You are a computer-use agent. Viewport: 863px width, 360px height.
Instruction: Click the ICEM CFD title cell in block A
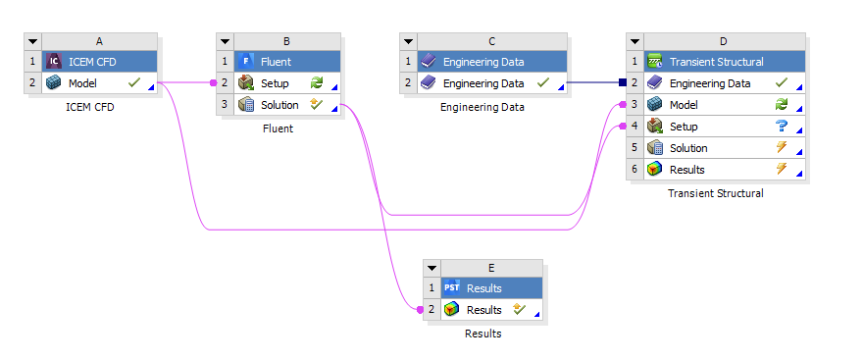[x=98, y=62]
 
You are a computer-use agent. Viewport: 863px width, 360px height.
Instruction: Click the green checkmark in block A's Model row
[x=135, y=83]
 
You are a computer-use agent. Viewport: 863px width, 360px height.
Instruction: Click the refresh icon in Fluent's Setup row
[x=317, y=83]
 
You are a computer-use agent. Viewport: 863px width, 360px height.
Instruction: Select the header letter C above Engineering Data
[x=490, y=41]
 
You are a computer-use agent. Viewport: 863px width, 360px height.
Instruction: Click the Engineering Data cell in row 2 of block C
[x=482, y=83]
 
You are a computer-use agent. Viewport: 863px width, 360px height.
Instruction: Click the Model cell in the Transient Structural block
[x=685, y=105]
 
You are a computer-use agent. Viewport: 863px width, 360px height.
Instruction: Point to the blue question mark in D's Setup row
[x=782, y=127]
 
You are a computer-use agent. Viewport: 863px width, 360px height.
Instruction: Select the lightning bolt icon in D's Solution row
[x=782, y=148]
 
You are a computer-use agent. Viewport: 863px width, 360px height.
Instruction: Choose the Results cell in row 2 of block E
[x=483, y=309]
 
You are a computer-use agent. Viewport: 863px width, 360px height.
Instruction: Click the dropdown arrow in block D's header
[x=634, y=41]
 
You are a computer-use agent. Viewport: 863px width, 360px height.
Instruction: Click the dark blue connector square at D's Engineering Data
[x=622, y=83]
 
